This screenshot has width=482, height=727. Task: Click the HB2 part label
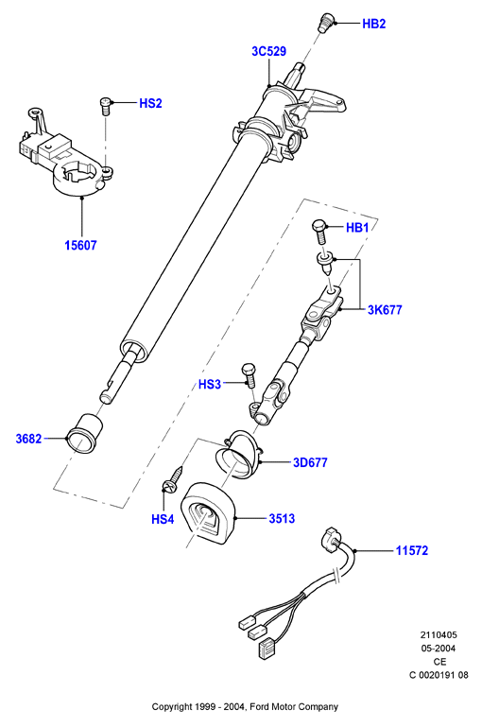pyautogui.click(x=373, y=24)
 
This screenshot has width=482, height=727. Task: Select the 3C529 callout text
pyautogui.click(x=268, y=51)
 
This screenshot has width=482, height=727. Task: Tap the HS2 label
pyautogui.click(x=150, y=103)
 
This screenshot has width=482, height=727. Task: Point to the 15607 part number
pyautogui.click(x=80, y=245)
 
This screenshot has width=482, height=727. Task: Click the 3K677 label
pyautogui.click(x=385, y=309)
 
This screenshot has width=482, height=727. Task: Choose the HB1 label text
pyautogui.click(x=357, y=227)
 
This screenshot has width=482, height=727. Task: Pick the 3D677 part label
pyautogui.click(x=310, y=462)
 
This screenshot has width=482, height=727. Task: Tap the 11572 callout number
pyautogui.click(x=411, y=550)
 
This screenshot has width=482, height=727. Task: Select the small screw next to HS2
pyautogui.click(x=105, y=106)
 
